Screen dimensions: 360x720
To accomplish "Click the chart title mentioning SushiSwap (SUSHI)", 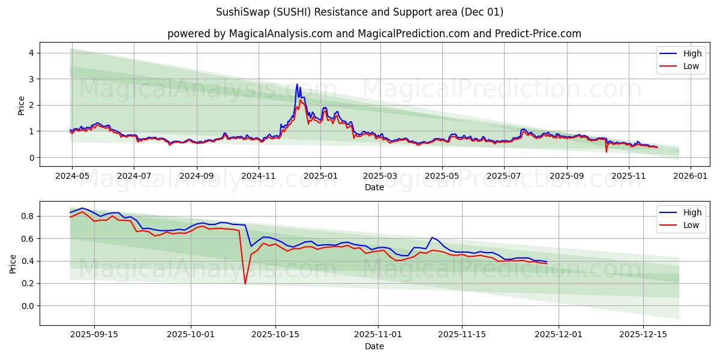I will (x=359, y=12).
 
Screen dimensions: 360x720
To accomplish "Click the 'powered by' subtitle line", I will (x=374, y=34).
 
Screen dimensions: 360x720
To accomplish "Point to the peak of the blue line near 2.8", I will (x=296, y=85).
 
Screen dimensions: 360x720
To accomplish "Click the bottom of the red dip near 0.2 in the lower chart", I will (x=245, y=284).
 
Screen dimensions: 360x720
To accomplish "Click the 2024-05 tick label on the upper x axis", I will (x=72, y=176).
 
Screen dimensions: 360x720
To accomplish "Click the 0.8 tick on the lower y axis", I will (x=26, y=216).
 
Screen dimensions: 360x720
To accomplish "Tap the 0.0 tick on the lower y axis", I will (x=26, y=306).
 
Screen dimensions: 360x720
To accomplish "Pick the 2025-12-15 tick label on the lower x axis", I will (x=643, y=335).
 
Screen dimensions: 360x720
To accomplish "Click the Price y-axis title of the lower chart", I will (x=13, y=263).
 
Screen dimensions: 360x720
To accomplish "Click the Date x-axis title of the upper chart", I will (x=374, y=187).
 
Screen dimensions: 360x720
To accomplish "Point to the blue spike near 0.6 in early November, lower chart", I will (x=431, y=238).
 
